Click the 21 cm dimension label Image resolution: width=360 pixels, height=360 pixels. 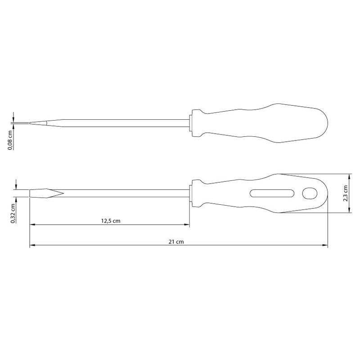pyautogui.click(x=176, y=242)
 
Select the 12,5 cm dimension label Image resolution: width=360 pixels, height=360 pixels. pyautogui.click(x=111, y=221)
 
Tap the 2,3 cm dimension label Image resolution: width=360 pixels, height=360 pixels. pyautogui.click(x=345, y=193)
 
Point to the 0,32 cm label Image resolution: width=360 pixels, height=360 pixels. pyautogui.click(x=13, y=213)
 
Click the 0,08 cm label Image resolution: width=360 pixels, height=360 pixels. pyautogui.click(x=10, y=140)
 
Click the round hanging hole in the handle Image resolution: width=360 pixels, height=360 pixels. pyautogui.click(x=310, y=193)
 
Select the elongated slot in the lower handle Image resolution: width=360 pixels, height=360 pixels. pyautogui.click(x=272, y=193)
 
